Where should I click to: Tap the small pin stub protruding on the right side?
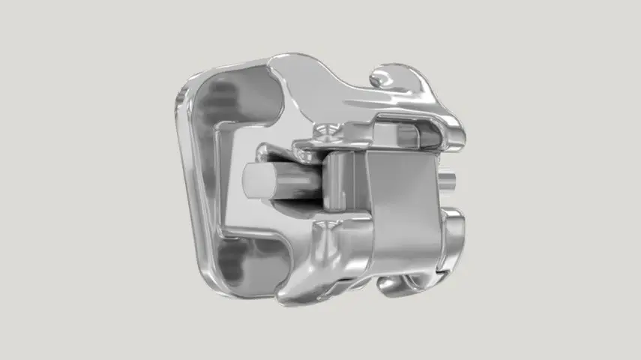pos(449,180)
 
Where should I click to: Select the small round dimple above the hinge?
pos(325,131)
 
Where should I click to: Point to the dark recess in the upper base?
pos(232,97)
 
